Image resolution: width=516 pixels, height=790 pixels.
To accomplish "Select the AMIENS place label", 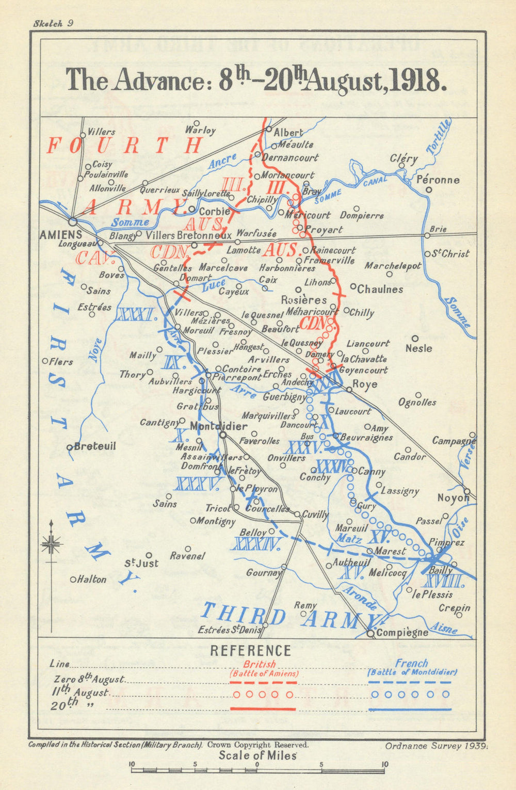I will (x=61, y=235).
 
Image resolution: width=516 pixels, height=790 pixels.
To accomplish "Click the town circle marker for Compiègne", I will (x=371, y=634).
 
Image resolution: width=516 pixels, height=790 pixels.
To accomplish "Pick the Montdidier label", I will (x=219, y=427).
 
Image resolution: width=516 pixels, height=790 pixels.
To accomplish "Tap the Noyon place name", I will (x=453, y=498).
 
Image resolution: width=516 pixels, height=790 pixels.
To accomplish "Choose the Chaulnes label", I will (x=380, y=289).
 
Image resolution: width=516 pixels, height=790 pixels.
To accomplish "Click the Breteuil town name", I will (x=95, y=446).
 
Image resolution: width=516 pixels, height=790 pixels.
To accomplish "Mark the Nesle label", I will (x=418, y=348).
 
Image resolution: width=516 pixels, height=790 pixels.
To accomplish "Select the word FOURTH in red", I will (x=124, y=146).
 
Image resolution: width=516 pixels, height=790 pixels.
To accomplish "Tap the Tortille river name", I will (x=439, y=136).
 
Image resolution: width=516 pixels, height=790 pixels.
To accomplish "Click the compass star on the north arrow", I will (x=51, y=543).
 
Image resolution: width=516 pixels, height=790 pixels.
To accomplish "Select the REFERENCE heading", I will (x=250, y=651).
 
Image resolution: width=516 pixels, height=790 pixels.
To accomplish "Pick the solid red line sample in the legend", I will (x=263, y=709).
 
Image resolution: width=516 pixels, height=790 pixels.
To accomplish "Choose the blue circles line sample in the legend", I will (x=410, y=695).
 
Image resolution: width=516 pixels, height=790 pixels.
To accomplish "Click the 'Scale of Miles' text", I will (x=257, y=756).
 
